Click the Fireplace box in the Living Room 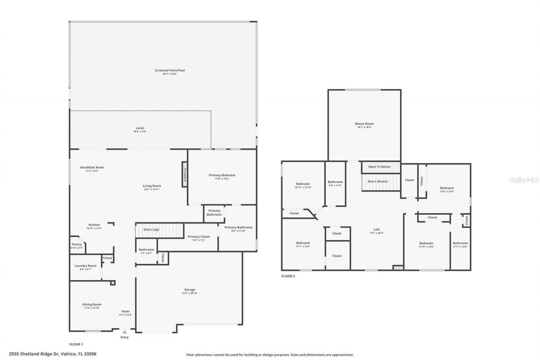(184, 174)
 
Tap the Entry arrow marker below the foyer (124, 333)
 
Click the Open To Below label (379, 167)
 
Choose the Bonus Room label (364, 124)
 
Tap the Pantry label (77, 244)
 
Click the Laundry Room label (86, 266)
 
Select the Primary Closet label (198, 237)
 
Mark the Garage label (189, 290)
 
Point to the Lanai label (140, 128)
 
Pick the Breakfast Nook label (92, 168)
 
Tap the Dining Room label (92, 304)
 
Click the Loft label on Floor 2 (376, 230)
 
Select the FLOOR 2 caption (288, 276)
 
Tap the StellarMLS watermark (524, 180)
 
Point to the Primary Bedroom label (222, 175)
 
